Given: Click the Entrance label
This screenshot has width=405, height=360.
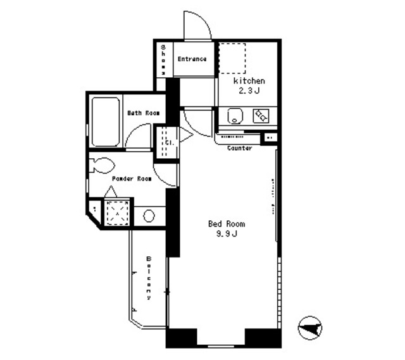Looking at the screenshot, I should (192, 59).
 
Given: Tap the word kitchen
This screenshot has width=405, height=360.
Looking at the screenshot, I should (249, 82).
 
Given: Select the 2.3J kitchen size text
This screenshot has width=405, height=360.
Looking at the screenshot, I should (249, 92).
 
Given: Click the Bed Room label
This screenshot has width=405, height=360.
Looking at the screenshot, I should (227, 224).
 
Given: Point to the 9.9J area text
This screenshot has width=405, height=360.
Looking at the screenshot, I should (226, 235).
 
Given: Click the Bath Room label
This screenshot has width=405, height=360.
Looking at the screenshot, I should (143, 113).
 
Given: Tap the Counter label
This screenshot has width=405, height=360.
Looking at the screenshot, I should (240, 148).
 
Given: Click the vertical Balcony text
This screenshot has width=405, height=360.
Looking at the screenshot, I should (149, 278).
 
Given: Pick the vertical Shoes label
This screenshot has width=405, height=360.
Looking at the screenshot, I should (163, 59).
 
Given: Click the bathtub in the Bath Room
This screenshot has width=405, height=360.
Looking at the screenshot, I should (105, 121).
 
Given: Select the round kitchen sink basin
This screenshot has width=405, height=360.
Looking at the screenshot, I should (234, 116).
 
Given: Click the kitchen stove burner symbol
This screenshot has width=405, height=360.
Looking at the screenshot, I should (261, 116).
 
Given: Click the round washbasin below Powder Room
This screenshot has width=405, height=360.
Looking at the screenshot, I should (149, 216).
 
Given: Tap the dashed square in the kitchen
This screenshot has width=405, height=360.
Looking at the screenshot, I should (232, 59).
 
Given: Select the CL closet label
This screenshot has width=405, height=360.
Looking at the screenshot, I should (169, 143).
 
